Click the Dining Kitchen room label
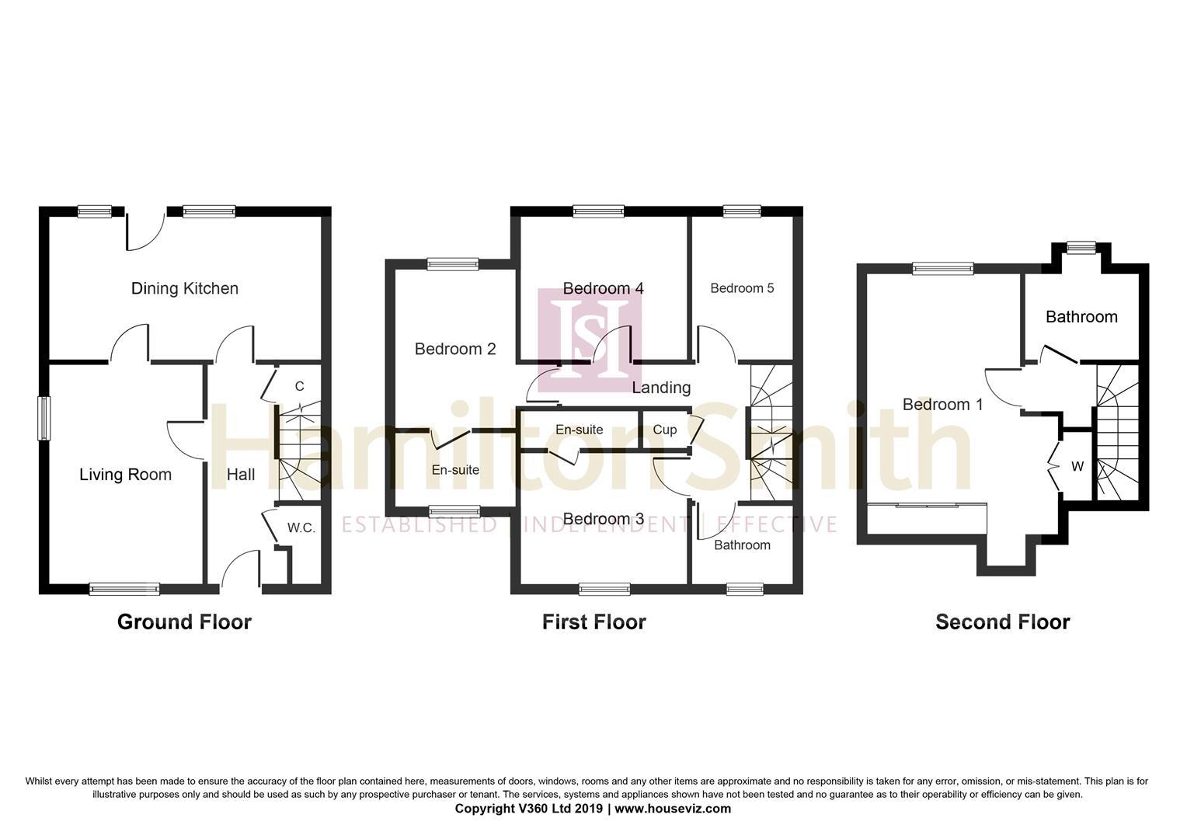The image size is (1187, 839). tap(184, 288)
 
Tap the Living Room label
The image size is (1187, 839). tap(126, 475)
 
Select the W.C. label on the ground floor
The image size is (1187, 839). tap(301, 528)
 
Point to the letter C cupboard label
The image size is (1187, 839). tap(299, 386)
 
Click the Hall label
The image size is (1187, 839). tap(241, 475)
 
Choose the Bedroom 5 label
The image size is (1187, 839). tap(742, 288)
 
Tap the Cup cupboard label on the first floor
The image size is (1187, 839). tap(664, 430)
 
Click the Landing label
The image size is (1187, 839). tap(661, 388)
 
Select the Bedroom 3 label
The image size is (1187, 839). tap(603, 519)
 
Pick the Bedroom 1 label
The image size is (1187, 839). tap(943, 405)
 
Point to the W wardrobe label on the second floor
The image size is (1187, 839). tap(1077, 467)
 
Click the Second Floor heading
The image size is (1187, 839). tap(1003, 622)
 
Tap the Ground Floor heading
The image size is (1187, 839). tap(184, 622)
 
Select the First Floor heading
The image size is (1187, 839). tap(594, 622)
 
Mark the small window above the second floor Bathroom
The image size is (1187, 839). tap(1081, 248)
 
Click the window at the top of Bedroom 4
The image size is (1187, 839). tap(598, 211)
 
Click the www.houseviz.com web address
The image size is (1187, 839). tap(673, 809)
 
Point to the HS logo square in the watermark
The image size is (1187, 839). tap(590, 340)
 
